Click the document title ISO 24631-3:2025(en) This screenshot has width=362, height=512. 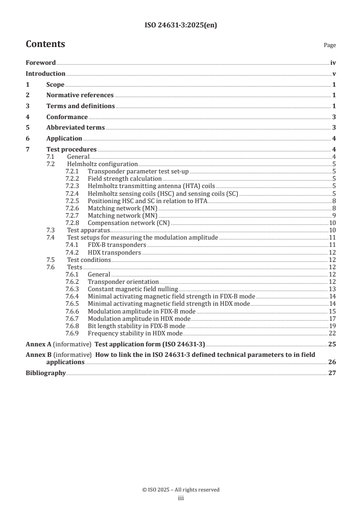click(x=181, y=26)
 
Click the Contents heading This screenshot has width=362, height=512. click(x=45, y=44)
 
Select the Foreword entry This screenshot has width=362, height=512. click(x=41, y=63)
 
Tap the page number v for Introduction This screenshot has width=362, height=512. click(x=334, y=74)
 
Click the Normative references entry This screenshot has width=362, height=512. click(x=80, y=95)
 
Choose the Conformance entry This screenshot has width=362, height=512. click(x=67, y=117)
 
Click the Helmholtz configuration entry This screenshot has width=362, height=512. click(x=102, y=164)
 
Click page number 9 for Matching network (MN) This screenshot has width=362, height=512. click(x=334, y=215)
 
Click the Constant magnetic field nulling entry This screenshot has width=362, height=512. click(x=132, y=289)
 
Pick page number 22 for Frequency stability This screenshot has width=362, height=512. click(x=332, y=333)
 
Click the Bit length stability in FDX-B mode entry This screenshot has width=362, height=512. click(x=136, y=326)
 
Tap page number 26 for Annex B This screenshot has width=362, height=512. click(x=332, y=362)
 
